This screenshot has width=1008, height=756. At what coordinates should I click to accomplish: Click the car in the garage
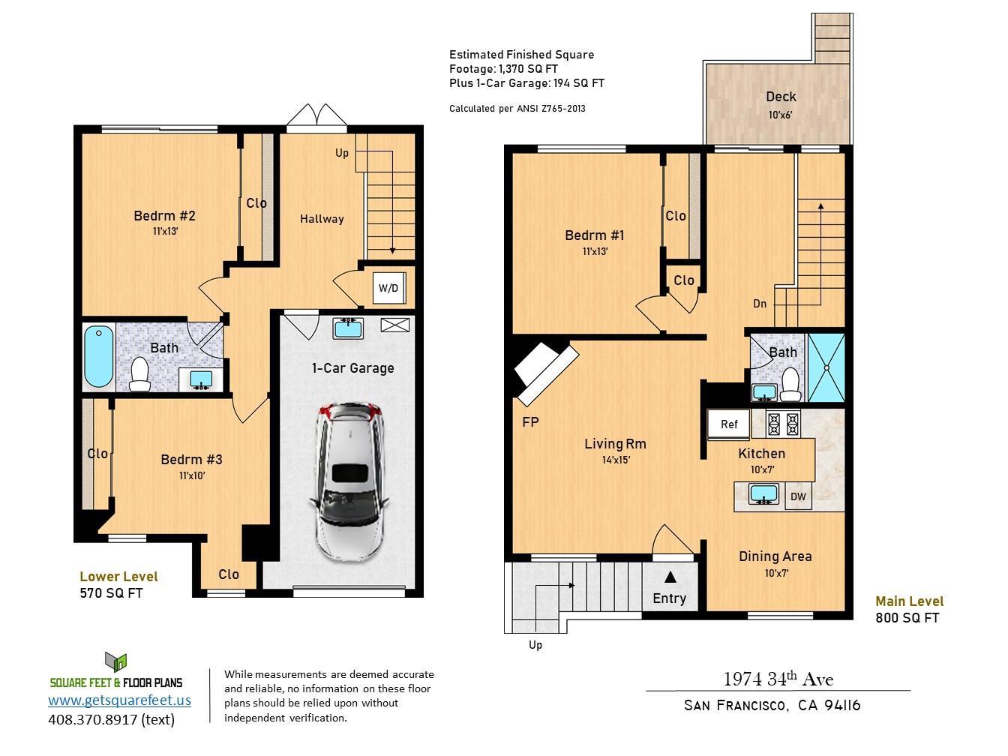click(349, 482)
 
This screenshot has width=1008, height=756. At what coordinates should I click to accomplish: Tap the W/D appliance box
click(389, 288)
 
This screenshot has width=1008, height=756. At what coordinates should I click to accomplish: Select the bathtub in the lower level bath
click(99, 356)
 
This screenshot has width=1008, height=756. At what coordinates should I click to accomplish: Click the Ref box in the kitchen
click(729, 424)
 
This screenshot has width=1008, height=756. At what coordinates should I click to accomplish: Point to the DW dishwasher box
click(798, 496)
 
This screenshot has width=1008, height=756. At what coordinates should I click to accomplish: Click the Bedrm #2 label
click(164, 216)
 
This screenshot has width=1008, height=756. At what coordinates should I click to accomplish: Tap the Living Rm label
click(615, 444)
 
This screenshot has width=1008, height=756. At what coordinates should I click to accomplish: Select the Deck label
click(781, 97)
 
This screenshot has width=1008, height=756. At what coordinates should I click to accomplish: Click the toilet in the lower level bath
click(140, 373)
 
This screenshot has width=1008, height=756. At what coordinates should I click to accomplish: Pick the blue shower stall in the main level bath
click(826, 367)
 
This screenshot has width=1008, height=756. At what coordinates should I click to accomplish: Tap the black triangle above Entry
click(670, 577)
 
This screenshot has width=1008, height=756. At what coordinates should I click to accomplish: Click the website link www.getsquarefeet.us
click(119, 700)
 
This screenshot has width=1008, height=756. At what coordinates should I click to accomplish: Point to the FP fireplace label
click(530, 421)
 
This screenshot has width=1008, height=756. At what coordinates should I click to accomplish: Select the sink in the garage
click(348, 328)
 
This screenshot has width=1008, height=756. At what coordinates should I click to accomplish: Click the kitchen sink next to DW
click(763, 494)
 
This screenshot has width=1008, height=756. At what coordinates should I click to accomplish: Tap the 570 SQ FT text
click(111, 593)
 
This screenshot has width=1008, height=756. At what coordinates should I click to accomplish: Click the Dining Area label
click(775, 556)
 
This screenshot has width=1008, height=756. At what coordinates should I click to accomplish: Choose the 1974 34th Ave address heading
click(778, 679)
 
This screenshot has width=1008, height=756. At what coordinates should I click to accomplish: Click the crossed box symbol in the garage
click(395, 325)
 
